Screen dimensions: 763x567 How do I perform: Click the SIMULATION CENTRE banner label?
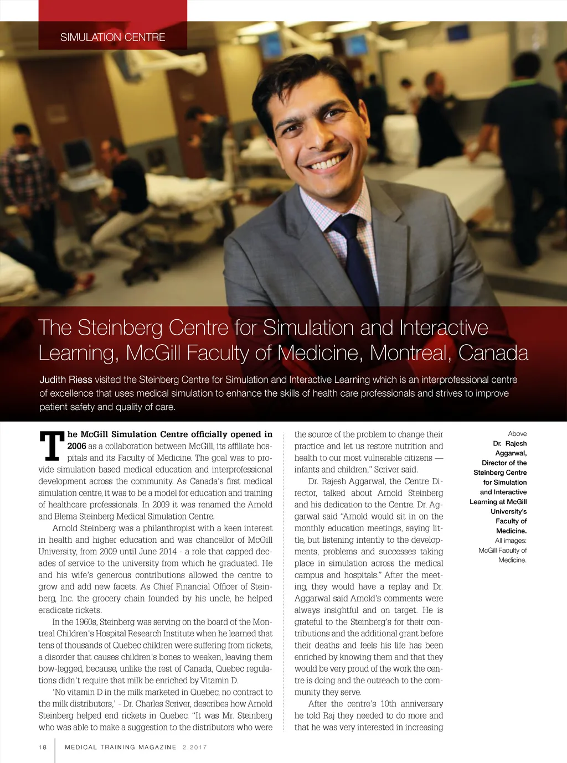(112, 37)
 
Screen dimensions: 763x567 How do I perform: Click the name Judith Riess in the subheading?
(65, 380)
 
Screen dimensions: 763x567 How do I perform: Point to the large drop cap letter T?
(52, 447)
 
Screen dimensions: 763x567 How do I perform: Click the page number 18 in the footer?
(43, 747)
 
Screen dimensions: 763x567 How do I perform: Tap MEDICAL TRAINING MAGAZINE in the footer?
(120, 747)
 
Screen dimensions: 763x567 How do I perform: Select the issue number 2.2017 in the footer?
(194, 747)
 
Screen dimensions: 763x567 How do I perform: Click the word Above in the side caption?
(517, 434)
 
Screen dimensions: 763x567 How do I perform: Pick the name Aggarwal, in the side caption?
(511, 453)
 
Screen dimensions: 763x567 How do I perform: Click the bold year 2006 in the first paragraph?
(76, 447)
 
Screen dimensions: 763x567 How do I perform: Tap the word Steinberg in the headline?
(153, 328)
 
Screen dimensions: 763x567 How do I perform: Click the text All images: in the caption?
(511, 541)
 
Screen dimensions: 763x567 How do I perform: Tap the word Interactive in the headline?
(443, 328)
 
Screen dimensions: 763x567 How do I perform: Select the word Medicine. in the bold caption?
(511, 531)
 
